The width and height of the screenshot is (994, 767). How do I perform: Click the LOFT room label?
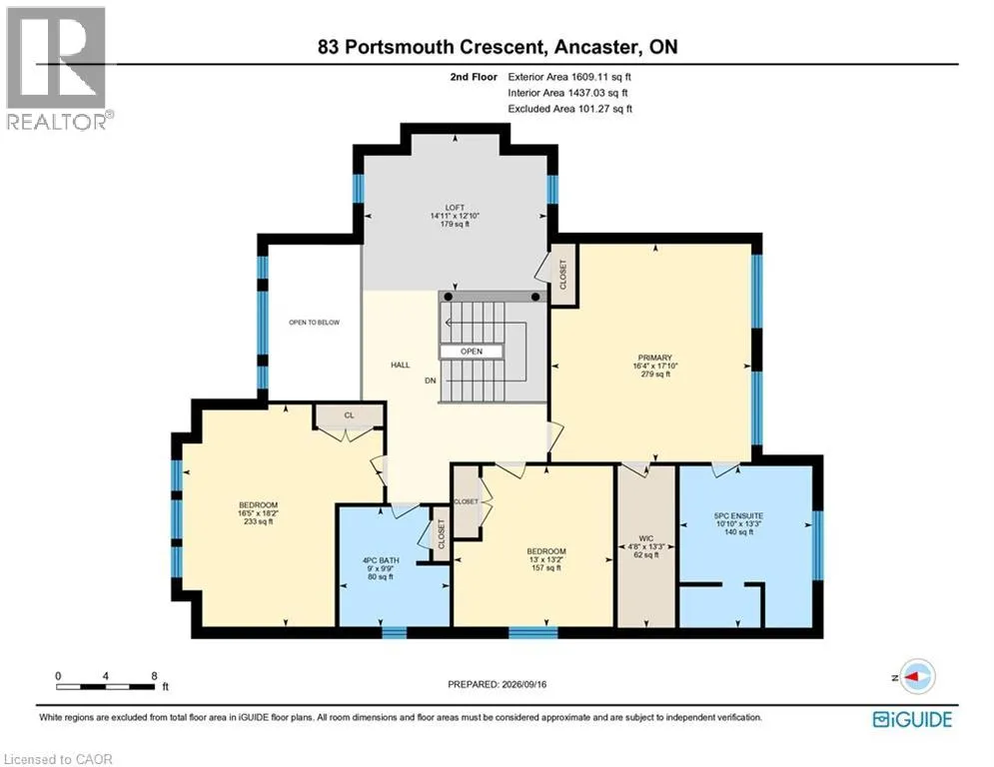coord(455,208)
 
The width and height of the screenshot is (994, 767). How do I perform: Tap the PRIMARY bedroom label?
coord(655,358)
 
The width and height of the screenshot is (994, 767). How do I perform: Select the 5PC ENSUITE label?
coord(738,516)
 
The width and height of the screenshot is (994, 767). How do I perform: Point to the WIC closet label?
coord(646,538)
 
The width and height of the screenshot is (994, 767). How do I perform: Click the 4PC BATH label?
coord(381,560)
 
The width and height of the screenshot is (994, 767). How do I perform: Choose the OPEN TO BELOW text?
coord(315,322)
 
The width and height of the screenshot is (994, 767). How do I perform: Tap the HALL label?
coord(400,365)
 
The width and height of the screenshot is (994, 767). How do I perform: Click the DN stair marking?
coord(431,381)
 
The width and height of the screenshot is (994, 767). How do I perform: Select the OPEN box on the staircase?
coord(471,352)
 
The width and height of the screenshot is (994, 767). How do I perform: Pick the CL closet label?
coord(350,415)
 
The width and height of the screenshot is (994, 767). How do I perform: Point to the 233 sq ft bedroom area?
coord(258,521)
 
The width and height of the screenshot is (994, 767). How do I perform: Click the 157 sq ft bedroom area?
coord(546,568)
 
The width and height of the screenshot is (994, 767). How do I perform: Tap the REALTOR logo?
coord(58,69)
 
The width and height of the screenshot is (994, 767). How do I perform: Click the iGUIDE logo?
coord(912,719)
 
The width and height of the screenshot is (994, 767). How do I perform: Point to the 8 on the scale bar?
coord(154,676)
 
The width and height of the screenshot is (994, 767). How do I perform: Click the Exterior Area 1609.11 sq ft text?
coord(569,77)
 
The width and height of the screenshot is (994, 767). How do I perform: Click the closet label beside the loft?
coord(562,275)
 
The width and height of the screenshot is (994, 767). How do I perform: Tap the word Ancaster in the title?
coord(596,47)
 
